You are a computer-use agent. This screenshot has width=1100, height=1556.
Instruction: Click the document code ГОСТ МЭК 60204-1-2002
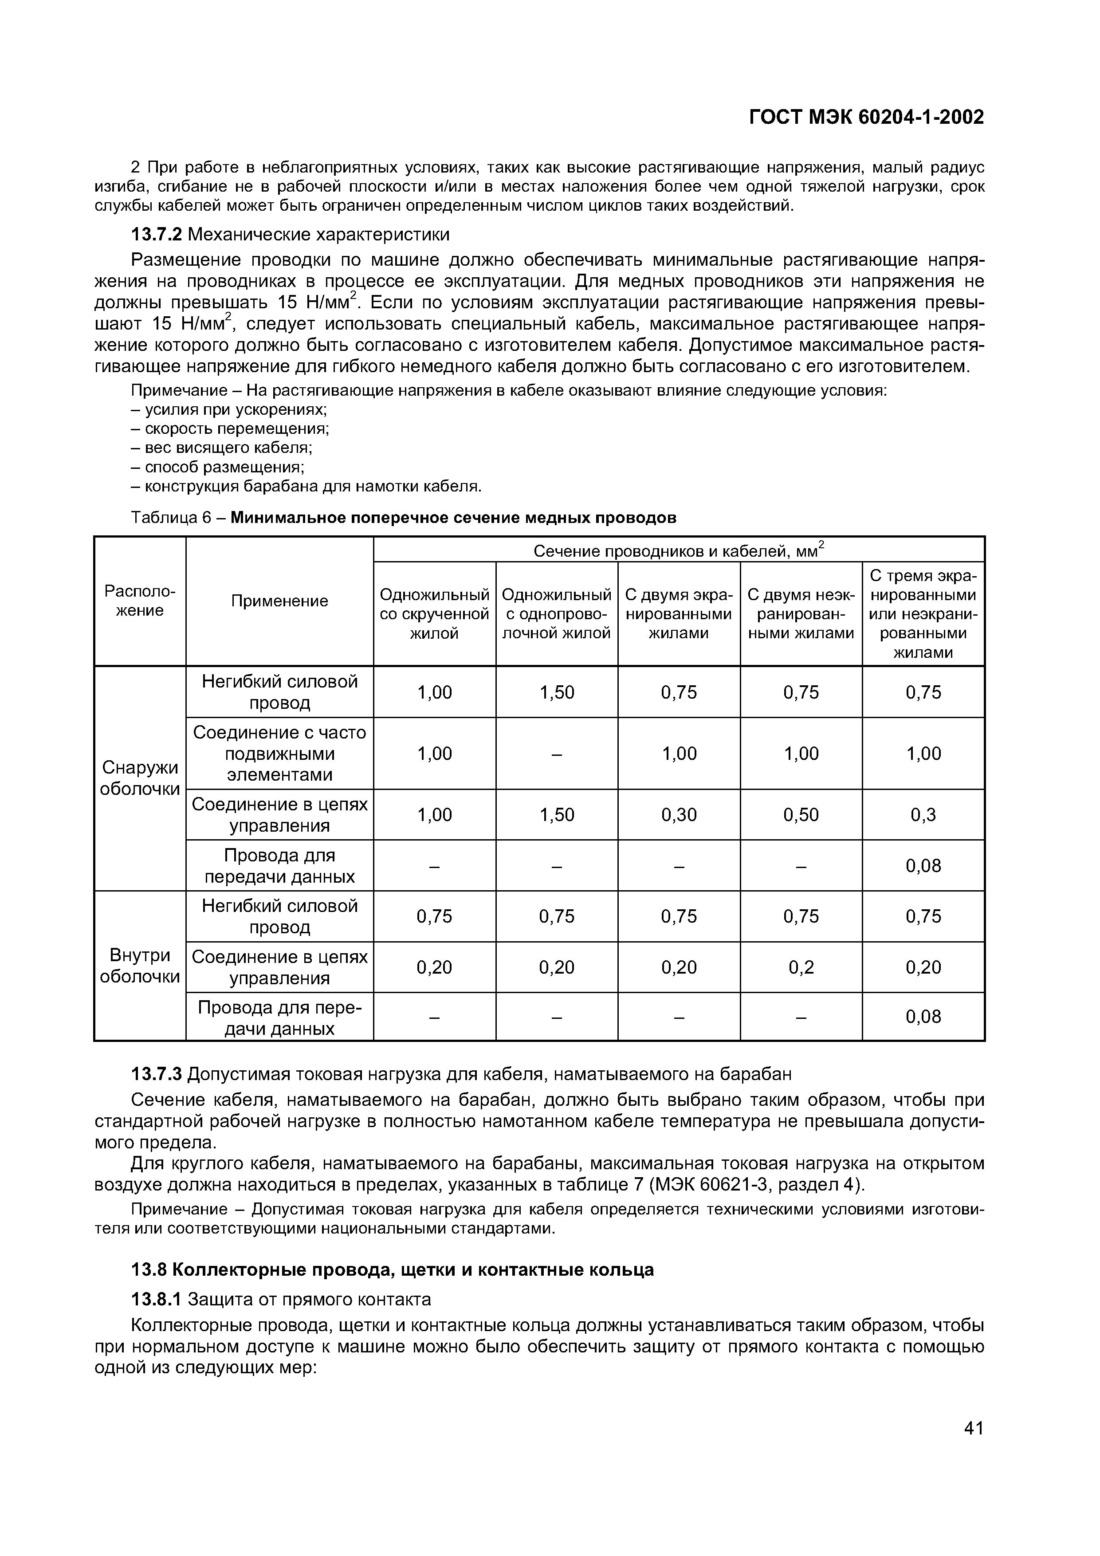click(865, 118)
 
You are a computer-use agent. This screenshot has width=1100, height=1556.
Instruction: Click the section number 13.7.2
click(157, 235)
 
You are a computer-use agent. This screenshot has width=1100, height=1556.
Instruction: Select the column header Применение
click(279, 601)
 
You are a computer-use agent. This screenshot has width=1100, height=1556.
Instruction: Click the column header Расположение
click(140, 601)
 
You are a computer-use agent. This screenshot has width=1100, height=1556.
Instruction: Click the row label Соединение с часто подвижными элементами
click(279, 754)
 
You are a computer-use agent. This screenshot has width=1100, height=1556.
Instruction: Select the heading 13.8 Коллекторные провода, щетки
click(393, 1270)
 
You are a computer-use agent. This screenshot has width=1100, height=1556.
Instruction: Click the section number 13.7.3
click(157, 1074)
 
